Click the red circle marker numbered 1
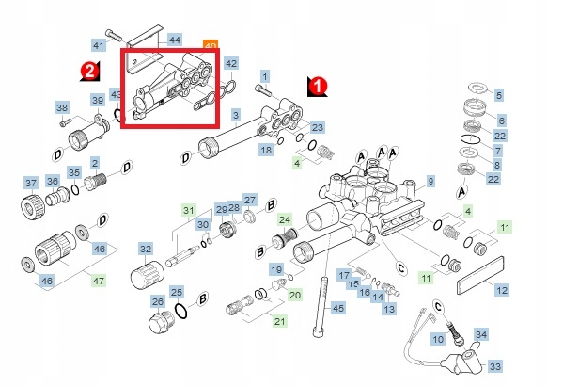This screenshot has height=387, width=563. tap(318, 86)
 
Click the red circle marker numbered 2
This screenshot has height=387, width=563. tap(89, 70)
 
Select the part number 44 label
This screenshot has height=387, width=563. tap(175, 40)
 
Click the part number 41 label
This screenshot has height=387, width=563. tap(99, 45)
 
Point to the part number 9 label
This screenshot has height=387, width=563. tap(430, 181)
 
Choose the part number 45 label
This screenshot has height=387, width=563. tap(338, 308)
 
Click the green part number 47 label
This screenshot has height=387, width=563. tap(99, 280)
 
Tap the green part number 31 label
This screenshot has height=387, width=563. tap(189, 210)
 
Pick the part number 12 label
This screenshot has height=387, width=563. tap(502, 289)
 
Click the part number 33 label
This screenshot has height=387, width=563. tap(495, 366)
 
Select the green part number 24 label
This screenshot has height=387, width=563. tap(285, 219)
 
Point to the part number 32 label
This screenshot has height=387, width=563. tap(146, 249)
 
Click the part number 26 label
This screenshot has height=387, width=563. tap(158, 301)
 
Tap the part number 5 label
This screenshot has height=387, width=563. tap(499, 95)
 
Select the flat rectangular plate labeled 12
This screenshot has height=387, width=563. tap(480, 276)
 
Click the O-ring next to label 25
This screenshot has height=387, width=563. tap(181, 311)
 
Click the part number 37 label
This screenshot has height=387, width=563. tap(31, 183)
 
